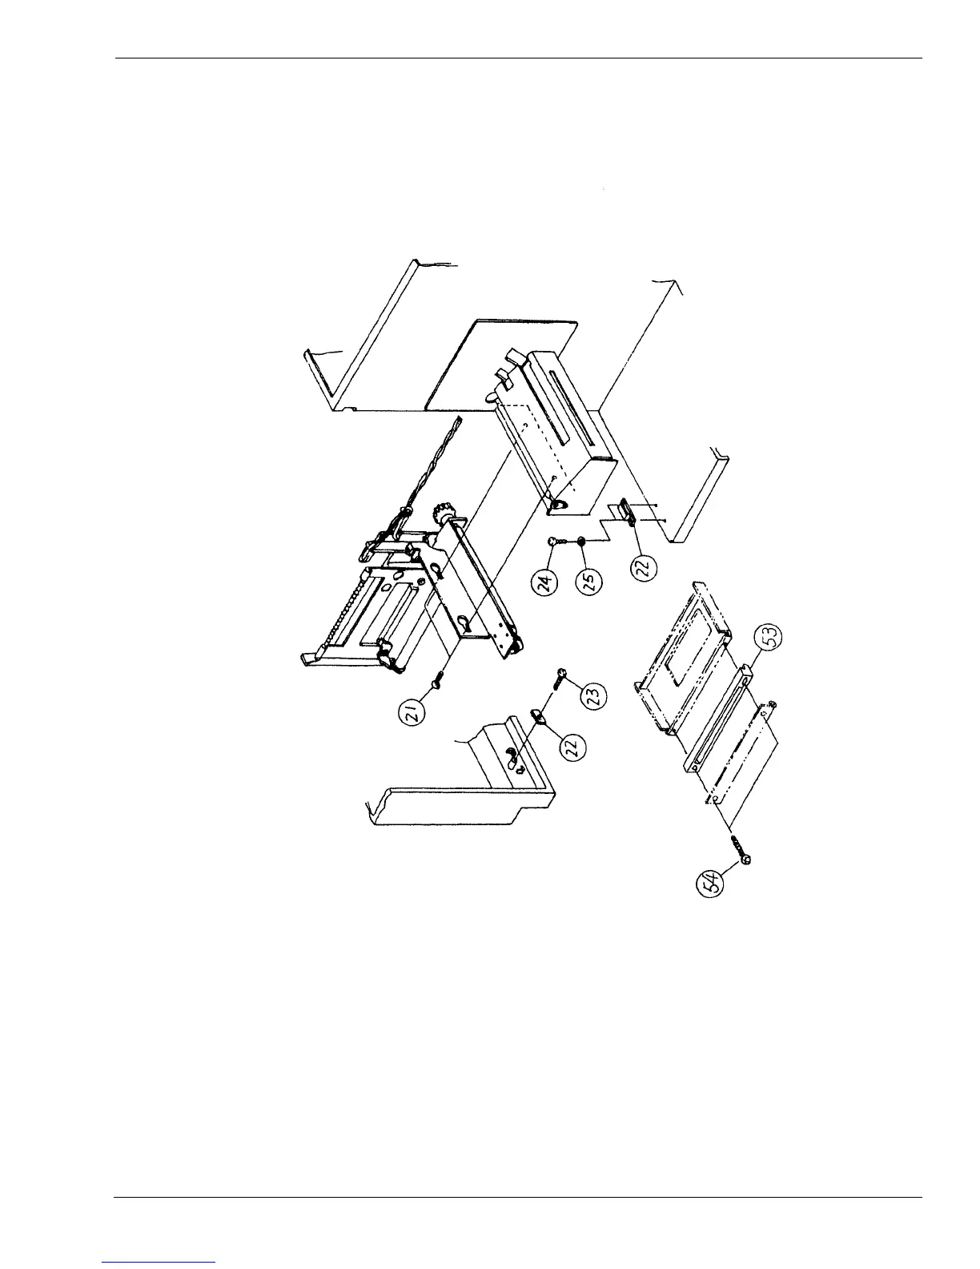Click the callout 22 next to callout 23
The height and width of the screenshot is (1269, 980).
coord(574,747)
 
